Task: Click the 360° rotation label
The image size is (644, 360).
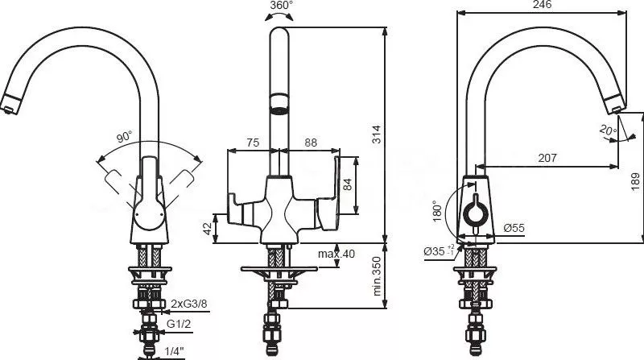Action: [281, 6]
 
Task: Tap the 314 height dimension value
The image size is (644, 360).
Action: [376, 134]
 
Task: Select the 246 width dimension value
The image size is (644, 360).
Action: [542, 5]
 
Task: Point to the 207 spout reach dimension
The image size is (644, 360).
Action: [547, 158]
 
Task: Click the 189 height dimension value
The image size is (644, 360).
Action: [635, 183]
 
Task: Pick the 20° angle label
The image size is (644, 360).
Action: [608, 130]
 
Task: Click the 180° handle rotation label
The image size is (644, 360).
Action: [437, 211]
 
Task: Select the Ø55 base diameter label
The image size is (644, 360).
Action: [514, 228]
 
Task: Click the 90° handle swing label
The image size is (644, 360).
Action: [125, 136]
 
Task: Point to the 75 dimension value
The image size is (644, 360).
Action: [253, 143]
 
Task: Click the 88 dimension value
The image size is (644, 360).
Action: [311, 143]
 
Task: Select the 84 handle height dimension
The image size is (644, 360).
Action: [348, 184]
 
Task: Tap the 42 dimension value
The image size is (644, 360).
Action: [209, 229]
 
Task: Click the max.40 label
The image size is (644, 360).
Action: [336, 254]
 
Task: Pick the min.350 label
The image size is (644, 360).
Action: [376, 276]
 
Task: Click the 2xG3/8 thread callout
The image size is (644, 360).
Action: [189, 304]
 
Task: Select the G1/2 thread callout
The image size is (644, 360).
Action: [179, 324]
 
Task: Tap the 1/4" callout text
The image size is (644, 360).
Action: [174, 351]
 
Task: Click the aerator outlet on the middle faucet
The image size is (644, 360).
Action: [279, 110]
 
